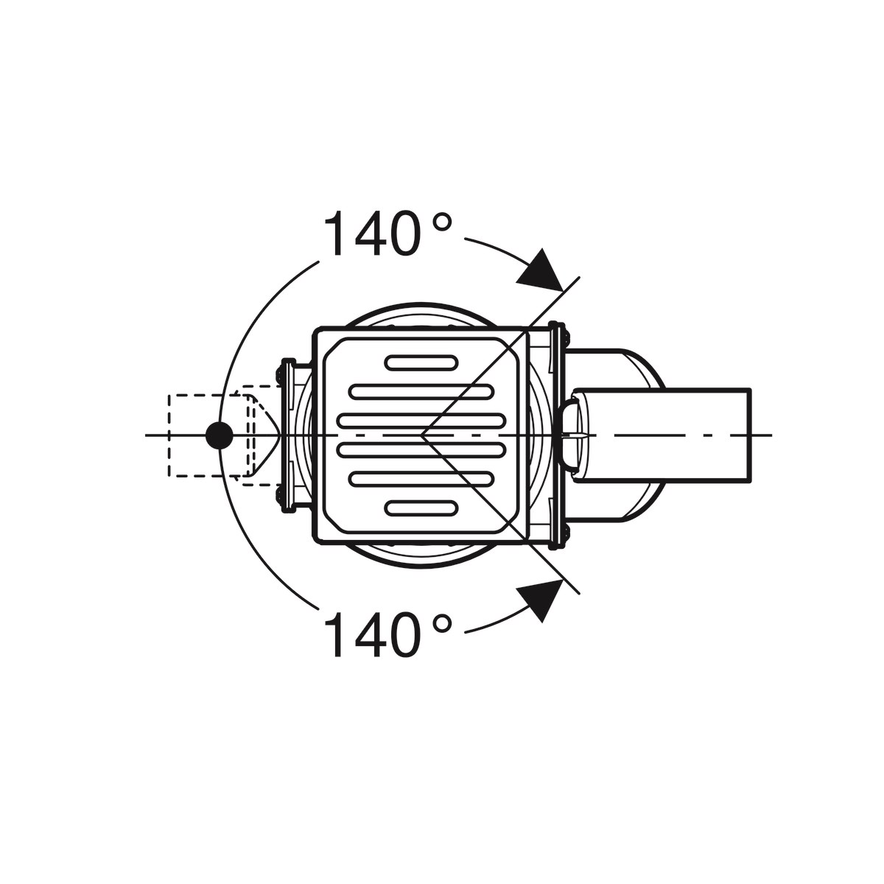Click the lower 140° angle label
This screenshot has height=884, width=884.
tap(387, 635)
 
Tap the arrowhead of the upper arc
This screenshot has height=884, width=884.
tap(542, 270)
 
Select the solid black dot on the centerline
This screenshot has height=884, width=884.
tap(219, 435)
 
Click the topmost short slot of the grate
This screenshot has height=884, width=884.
tap(422, 362)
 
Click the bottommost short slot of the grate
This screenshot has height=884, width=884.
tap(422, 508)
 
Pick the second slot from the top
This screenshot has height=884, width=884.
tap(422, 391)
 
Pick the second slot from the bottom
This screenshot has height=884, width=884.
tap(422, 479)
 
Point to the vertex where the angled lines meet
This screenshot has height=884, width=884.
tap(422, 435)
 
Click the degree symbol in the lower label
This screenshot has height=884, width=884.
tap(441, 625)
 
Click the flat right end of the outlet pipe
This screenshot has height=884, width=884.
tap(750, 435)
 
